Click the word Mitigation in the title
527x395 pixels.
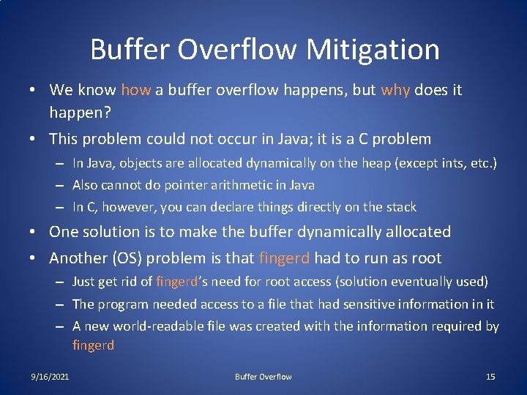coord(373,50)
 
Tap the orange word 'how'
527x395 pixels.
coord(135,90)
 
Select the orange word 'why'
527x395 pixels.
coord(395,90)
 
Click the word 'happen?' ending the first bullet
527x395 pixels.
coord(80,112)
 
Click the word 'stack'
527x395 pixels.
coord(399,207)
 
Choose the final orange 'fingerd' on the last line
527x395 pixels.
coord(93,345)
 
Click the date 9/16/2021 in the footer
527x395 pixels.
coord(50,377)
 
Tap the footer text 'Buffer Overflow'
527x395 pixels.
coord(263,377)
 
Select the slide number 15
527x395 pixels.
coord(490,377)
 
